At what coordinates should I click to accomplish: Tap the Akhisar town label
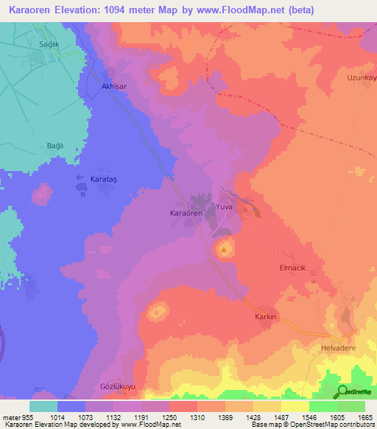tap(113, 86)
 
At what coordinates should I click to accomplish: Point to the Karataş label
tap(103, 179)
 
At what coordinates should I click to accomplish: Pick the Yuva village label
tap(224, 208)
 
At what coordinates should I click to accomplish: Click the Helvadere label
tap(338, 346)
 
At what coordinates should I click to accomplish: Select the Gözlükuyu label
tap(118, 386)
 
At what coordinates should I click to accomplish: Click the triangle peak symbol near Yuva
tap(224, 250)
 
